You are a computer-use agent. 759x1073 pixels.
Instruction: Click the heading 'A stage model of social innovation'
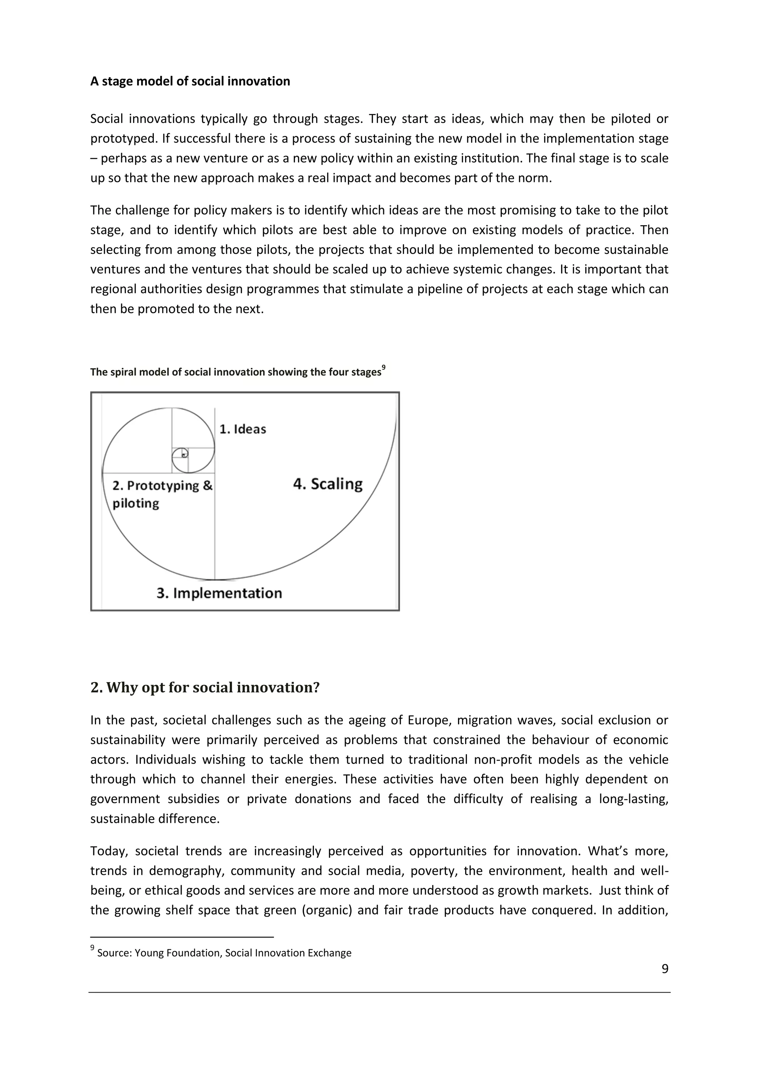[x=190, y=81]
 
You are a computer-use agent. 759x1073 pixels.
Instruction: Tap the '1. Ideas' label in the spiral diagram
[x=243, y=429]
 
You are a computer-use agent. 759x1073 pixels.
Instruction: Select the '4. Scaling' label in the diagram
[x=328, y=484]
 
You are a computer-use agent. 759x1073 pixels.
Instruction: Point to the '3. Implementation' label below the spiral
[x=219, y=593]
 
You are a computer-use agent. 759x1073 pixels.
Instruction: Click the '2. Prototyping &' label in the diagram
[x=162, y=486]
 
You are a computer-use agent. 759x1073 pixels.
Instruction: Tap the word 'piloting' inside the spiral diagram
[x=136, y=503]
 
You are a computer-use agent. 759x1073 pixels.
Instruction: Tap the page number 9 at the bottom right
[x=664, y=969]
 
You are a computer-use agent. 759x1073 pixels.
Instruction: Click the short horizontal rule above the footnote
[x=182, y=937]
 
